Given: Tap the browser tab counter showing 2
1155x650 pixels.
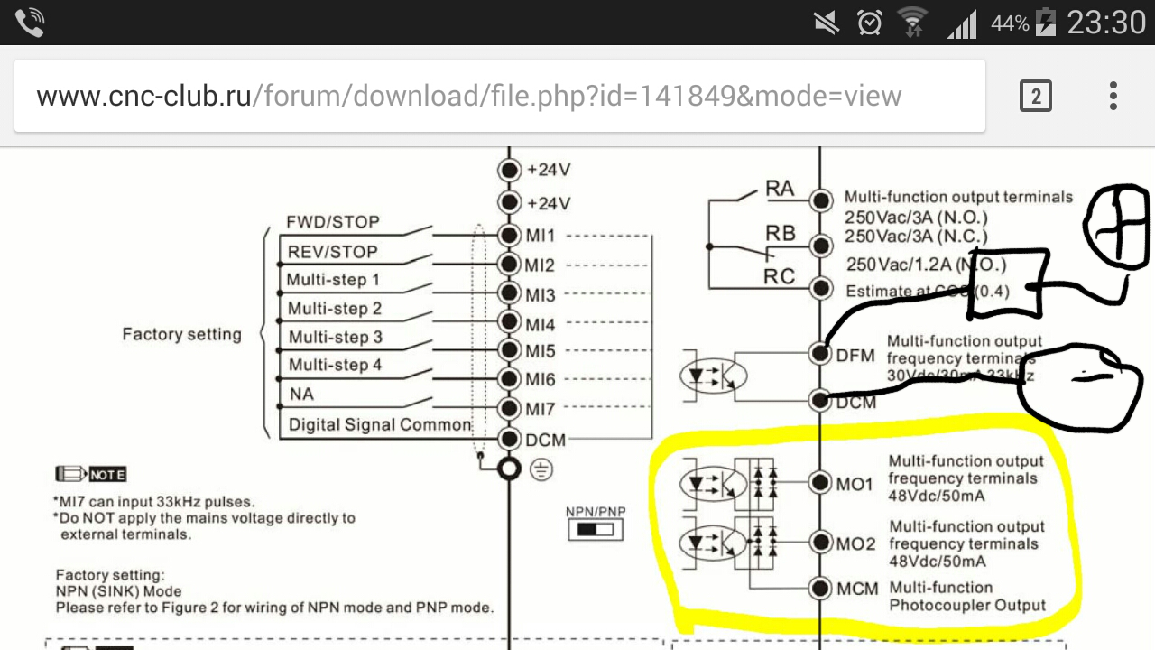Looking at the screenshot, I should (1036, 96).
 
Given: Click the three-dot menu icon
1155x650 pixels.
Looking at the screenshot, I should (1113, 96).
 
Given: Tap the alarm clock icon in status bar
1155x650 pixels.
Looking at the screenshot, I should (870, 22).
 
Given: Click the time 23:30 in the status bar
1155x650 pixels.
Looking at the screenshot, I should (1106, 22).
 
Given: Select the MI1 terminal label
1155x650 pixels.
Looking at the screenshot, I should (541, 236).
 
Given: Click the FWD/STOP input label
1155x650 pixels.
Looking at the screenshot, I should (332, 222).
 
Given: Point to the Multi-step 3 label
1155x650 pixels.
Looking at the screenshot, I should (335, 338).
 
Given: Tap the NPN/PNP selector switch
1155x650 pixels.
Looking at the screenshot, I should (596, 529).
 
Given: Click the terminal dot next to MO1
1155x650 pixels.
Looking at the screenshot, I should (819, 483).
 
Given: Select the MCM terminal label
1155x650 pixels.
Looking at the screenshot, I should (857, 589).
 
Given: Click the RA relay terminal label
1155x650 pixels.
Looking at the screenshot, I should (780, 189).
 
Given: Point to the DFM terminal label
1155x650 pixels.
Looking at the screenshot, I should (855, 356).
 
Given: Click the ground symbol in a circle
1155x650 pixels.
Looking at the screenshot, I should (541, 469).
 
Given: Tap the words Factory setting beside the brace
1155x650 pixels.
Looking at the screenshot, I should (182, 335).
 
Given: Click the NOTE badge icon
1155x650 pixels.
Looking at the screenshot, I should (90, 474).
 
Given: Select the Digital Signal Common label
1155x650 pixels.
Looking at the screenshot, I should (380, 424).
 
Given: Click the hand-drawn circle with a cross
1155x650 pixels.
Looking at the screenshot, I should (1116, 222).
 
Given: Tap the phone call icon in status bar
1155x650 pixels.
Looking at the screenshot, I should (29, 23).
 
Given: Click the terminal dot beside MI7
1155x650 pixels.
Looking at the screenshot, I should (510, 409).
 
